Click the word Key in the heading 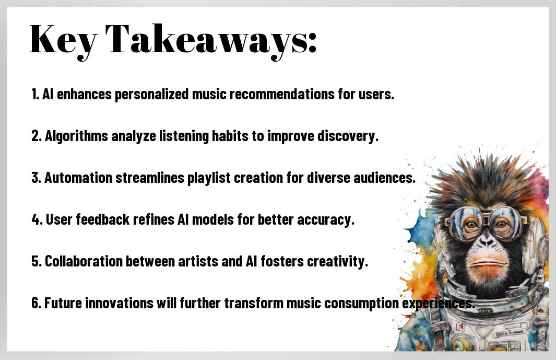click(x=63, y=40)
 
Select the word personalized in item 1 click(x=152, y=95)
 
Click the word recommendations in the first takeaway click(x=282, y=94)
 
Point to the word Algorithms click(x=76, y=136)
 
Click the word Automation click(x=78, y=178)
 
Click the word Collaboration click(x=84, y=261)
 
